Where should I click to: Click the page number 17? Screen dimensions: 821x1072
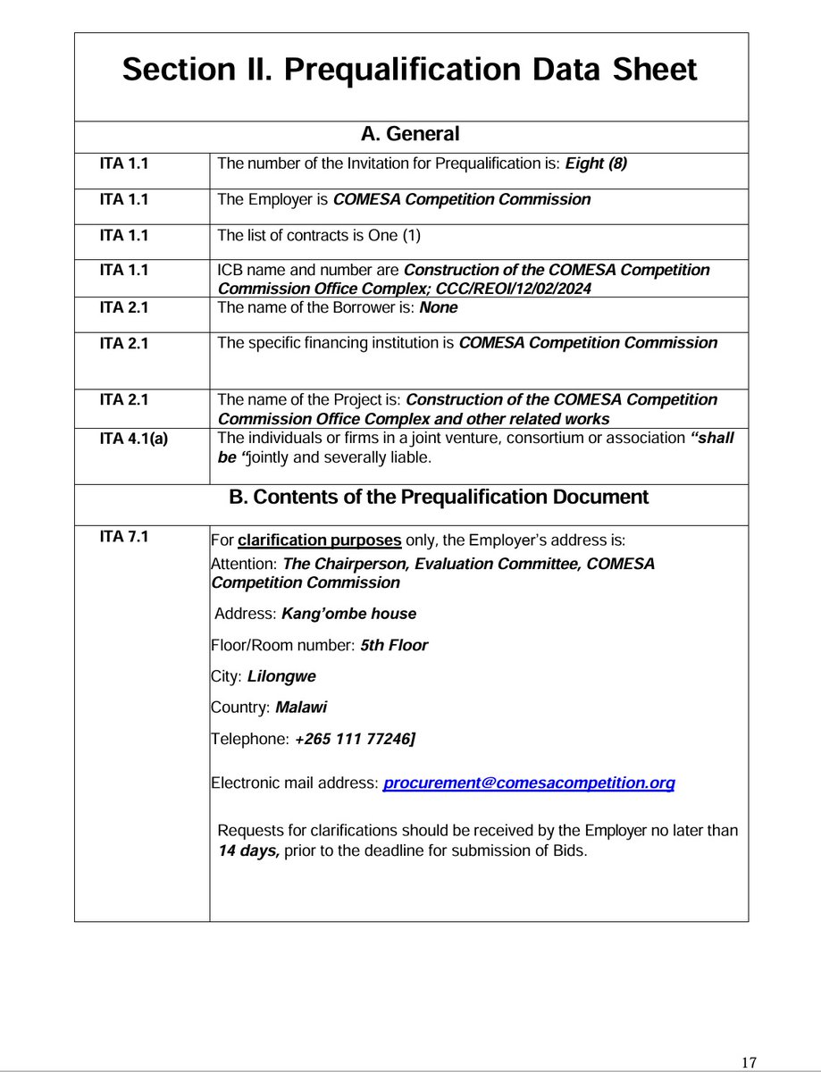pos(749,1062)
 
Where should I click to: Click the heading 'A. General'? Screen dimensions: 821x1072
pos(410,135)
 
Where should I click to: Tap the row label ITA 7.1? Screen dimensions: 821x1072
pos(124,537)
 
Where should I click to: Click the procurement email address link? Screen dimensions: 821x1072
pos(529,783)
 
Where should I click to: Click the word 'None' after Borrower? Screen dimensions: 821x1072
pos(440,306)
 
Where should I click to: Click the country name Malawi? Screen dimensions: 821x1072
pos(301,708)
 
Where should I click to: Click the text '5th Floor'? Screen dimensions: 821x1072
pos(394,645)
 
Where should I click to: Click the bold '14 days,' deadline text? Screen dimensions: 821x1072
pos(249,851)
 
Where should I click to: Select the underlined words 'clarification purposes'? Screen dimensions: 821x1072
pos(319,540)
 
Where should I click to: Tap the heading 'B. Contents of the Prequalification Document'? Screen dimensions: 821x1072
pos(439,498)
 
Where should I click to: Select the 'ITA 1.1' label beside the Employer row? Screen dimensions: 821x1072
pos(124,199)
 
